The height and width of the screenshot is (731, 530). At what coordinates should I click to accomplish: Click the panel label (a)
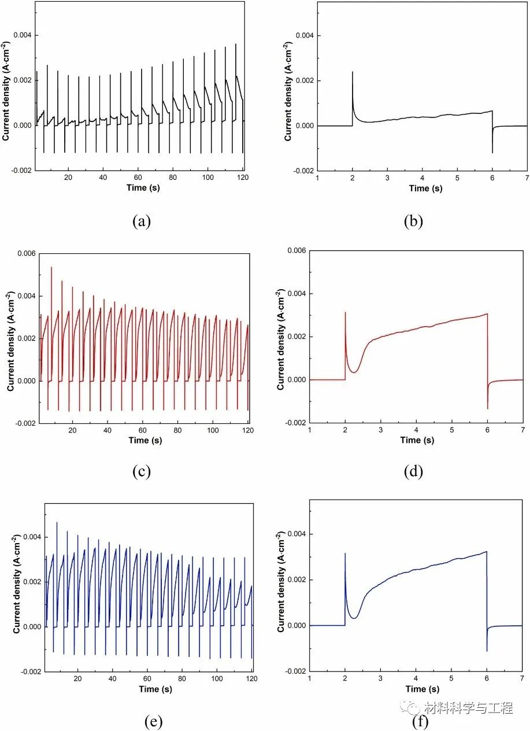click(x=141, y=222)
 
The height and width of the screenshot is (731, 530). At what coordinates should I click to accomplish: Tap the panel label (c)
click(x=141, y=472)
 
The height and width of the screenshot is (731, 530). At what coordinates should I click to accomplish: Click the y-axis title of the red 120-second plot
click(x=12, y=339)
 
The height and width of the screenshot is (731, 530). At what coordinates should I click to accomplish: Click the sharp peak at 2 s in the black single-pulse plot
click(x=353, y=72)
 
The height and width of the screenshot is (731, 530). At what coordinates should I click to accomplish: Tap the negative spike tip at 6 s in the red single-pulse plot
click(x=487, y=409)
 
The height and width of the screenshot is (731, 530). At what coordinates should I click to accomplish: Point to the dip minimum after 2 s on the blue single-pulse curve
click(x=354, y=618)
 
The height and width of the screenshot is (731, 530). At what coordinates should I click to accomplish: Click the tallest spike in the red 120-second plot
click(x=51, y=267)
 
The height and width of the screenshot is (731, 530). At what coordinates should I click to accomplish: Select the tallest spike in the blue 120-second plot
click(x=57, y=522)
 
